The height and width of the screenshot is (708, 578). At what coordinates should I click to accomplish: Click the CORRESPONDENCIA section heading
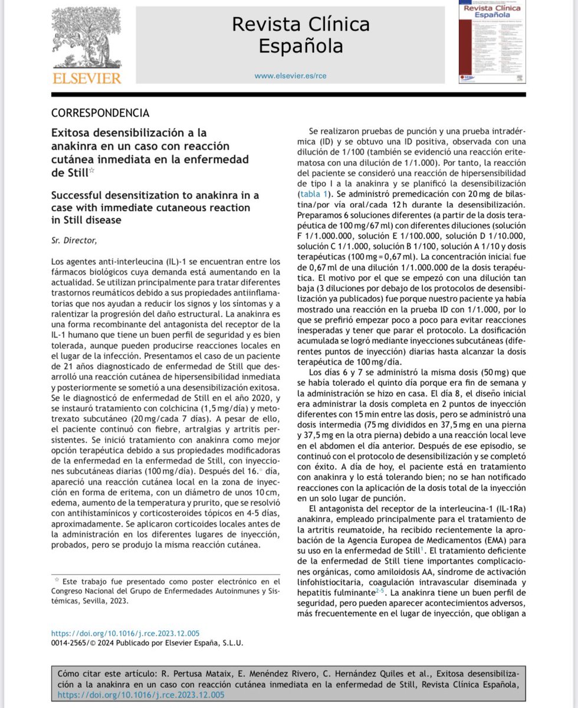pyautogui.click(x=100, y=113)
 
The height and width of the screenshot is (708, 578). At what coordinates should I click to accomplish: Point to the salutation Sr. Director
pyautogui.click(x=72, y=240)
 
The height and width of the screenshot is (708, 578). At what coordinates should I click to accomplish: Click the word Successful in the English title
pyautogui.click(x=83, y=195)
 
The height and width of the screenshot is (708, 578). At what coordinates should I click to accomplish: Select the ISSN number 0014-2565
pyautogui.click(x=71, y=643)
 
